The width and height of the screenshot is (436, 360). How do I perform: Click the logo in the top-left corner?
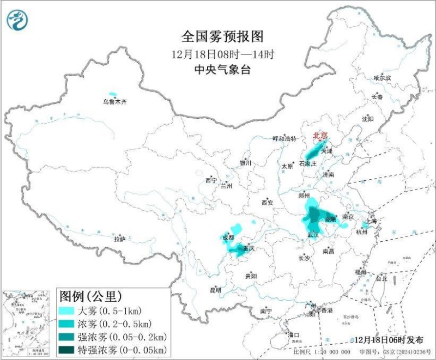(17, 20)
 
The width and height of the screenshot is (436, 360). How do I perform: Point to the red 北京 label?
(320, 136)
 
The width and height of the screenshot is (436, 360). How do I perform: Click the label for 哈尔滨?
(382, 78)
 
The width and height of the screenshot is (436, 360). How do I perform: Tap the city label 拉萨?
(120, 239)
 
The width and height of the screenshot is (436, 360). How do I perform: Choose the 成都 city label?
(228, 237)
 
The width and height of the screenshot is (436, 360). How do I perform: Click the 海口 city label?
(294, 334)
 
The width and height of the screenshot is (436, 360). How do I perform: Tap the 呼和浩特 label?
(284, 139)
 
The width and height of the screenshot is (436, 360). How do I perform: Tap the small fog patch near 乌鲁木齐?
(113, 94)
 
